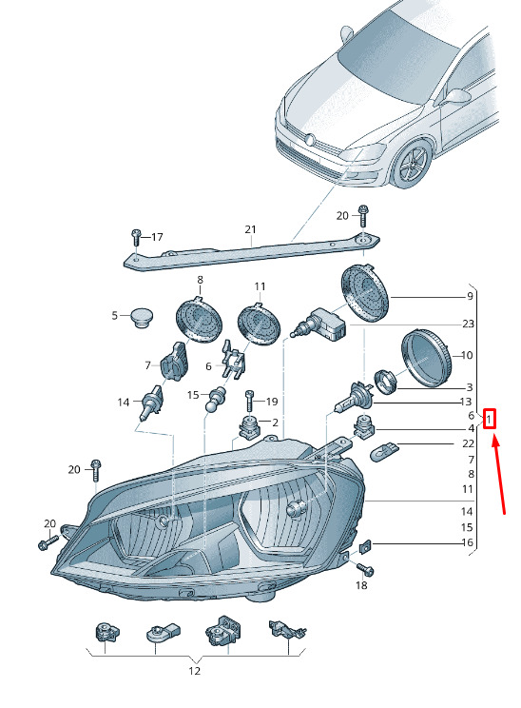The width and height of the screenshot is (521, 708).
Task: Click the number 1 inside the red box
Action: click(x=489, y=420)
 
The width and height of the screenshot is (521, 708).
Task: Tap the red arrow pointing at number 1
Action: click(x=499, y=473)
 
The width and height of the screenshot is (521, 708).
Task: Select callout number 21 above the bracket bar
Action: click(x=250, y=229)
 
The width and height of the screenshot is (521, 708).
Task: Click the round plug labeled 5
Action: click(x=142, y=317)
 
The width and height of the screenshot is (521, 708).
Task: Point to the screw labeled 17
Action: click(x=136, y=237)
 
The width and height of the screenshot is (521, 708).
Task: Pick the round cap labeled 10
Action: click(x=426, y=359)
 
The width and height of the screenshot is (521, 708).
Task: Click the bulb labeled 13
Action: click(x=354, y=398)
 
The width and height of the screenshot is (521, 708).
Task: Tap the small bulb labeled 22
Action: click(x=384, y=451)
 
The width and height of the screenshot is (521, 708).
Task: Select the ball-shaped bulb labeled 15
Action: click(x=215, y=398)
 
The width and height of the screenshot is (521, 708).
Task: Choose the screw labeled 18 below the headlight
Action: click(x=365, y=569)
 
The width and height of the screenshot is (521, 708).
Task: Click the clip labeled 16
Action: click(x=365, y=546)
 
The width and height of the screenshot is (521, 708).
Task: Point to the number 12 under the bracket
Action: click(x=194, y=671)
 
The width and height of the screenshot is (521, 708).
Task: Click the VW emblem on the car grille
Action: click(x=309, y=140)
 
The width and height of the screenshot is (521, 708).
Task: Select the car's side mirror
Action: click(x=456, y=96)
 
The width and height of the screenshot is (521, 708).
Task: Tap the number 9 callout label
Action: click(x=470, y=296)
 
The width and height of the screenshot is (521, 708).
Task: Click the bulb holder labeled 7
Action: click(x=174, y=361)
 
